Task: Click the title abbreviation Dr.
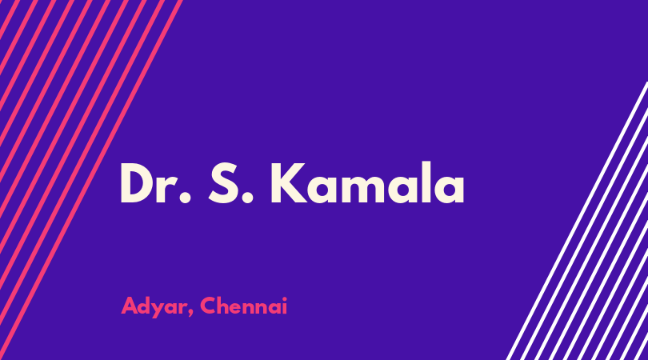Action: click(x=156, y=183)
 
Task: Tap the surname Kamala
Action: click(x=368, y=182)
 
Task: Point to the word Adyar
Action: click(x=154, y=307)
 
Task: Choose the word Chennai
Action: click(x=243, y=306)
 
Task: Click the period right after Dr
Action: click(x=186, y=198)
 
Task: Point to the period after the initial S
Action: click(x=247, y=198)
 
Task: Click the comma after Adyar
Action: click(x=190, y=313)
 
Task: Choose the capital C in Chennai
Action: click(x=209, y=306)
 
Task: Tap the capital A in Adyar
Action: click(x=130, y=306)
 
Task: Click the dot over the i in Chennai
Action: click(x=284, y=299)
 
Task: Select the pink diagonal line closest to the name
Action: click(x=90, y=180)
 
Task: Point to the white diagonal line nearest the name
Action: click(x=578, y=221)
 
